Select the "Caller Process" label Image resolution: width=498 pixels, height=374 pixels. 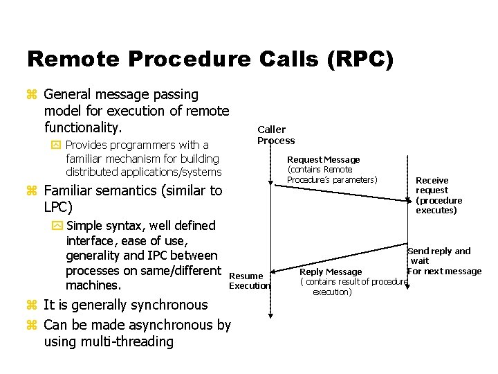(275, 135)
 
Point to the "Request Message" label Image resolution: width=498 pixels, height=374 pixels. (323, 160)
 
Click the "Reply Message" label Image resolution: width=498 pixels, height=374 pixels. (331, 272)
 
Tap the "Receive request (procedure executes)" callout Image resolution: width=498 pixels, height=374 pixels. (439, 195)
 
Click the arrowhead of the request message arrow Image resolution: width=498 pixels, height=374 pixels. (409, 200)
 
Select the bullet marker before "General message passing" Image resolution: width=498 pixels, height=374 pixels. (31, 95)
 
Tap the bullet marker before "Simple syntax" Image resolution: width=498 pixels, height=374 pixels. (55, 226)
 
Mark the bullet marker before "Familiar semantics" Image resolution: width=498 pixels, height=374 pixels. (31, 191)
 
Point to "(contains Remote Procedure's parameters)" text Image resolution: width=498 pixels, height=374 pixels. (332, 175)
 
